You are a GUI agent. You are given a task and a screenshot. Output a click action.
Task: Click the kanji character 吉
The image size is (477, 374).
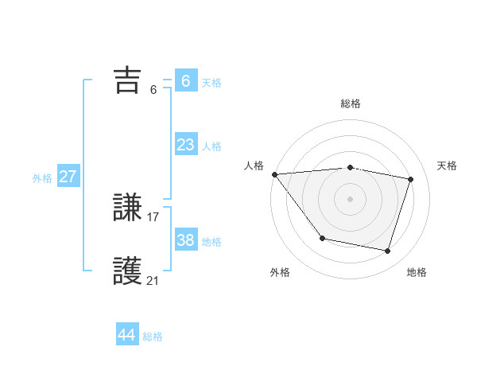tap(128, 80)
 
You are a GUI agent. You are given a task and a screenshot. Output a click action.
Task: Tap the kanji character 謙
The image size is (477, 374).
tap(128, 208)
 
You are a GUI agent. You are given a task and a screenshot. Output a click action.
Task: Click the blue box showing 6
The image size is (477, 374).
tap(185, 81)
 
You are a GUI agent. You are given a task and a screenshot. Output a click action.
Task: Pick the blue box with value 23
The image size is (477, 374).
tap(185, 145)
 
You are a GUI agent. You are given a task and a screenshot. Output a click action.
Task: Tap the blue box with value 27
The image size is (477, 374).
tap(68, 177)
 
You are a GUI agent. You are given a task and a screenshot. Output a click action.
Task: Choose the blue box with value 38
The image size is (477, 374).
tap(185, 240)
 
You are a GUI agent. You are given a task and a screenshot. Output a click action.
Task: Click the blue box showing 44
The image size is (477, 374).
tap(126, 335)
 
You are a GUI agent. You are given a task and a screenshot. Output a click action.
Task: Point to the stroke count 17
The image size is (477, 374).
tap(153, 216)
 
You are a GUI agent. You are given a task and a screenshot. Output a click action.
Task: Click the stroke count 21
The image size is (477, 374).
tap(153, 280)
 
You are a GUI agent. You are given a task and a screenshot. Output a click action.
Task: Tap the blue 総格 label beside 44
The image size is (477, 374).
tap(153, 337)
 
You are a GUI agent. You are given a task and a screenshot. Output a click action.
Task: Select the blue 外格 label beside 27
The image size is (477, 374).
tap(42, 178)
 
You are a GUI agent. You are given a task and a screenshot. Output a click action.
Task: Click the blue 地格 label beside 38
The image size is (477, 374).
tap(211, 242)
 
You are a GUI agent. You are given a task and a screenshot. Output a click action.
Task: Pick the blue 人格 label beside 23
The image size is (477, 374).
tap(211, 146)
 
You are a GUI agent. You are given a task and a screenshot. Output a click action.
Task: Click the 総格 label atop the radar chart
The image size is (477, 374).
tap(351, 103)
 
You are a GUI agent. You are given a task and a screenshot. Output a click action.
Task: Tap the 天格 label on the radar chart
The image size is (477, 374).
tap(448, 166)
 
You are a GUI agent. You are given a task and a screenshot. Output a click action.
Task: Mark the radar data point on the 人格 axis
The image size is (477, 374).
tap(274, 174)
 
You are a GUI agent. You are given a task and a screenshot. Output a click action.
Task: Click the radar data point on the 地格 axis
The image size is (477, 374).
tap(388, 251)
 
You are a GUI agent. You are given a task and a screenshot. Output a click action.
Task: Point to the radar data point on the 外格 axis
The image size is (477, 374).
tap(322, 238)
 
